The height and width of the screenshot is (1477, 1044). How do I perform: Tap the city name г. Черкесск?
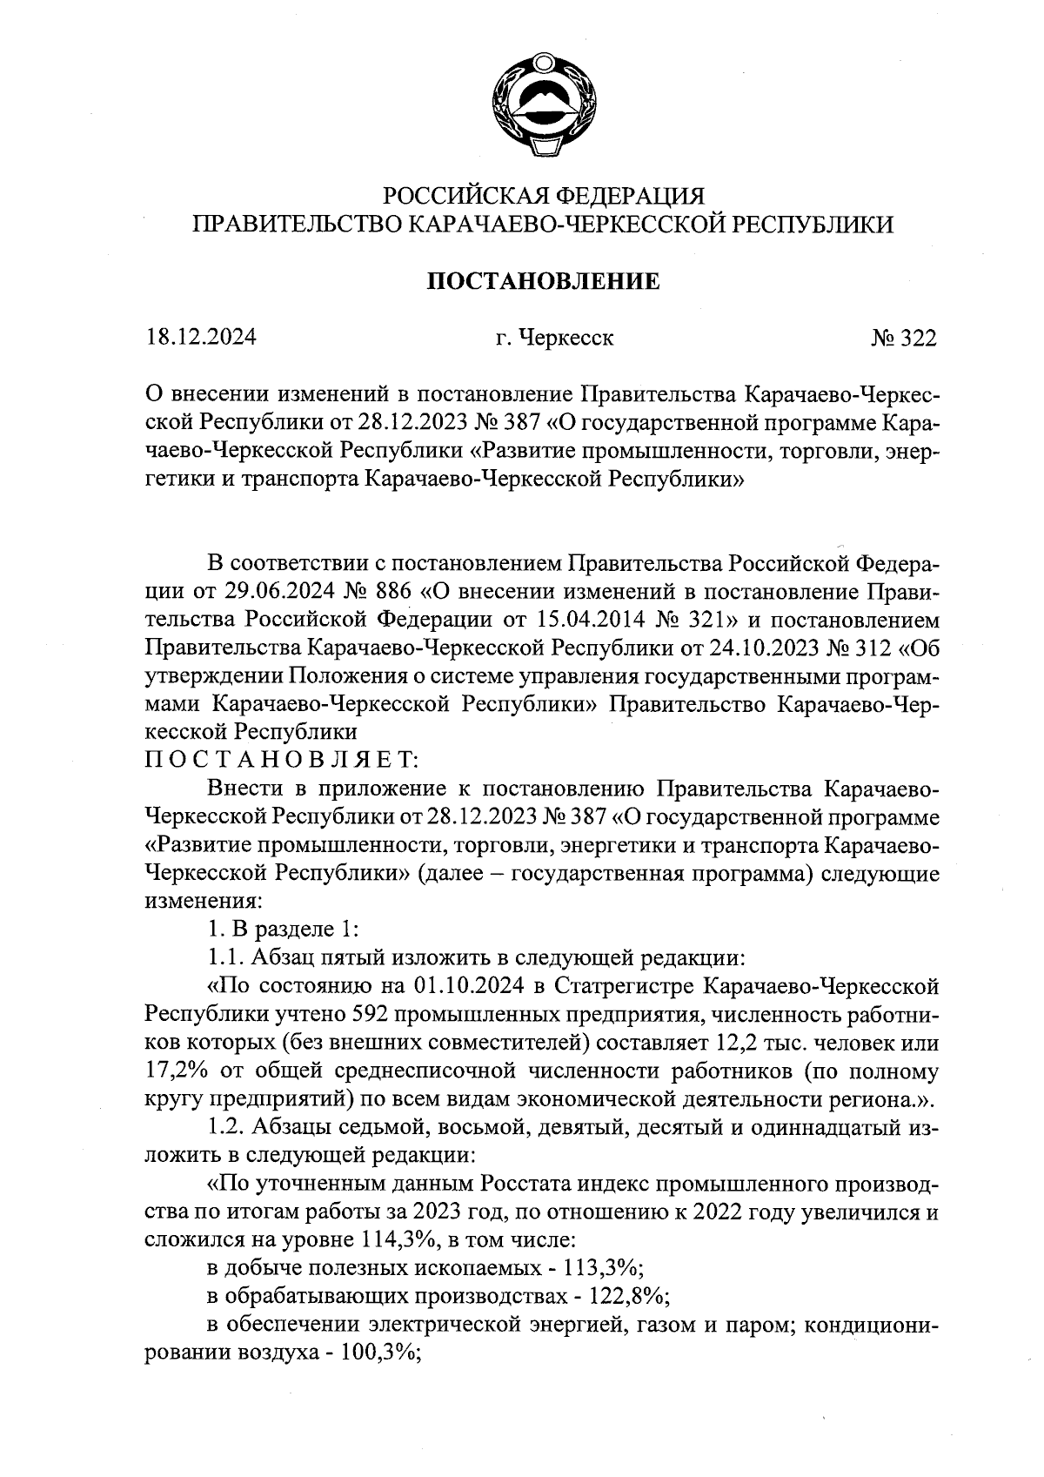click(x=554, y=338)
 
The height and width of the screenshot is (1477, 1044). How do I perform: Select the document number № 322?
click(x=903, y=338)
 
